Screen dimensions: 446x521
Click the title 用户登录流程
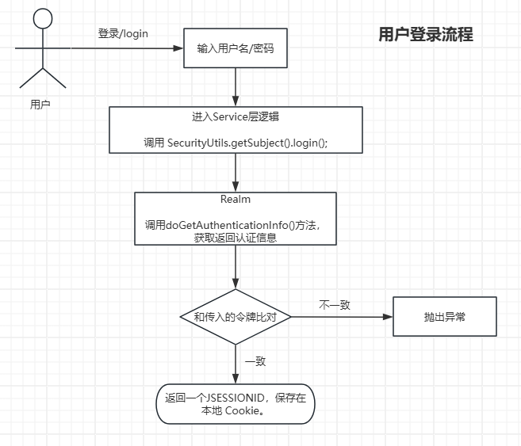coord(426,35)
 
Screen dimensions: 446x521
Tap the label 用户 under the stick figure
coord(40,104)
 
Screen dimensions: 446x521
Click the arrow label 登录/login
coord(123,33)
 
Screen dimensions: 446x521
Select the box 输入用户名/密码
coord(236,48)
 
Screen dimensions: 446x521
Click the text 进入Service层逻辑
coord(236,117)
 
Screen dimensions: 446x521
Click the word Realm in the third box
coord(236,200)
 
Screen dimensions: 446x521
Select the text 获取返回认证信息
coord(236,237)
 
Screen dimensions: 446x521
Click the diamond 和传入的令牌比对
coord(236,316)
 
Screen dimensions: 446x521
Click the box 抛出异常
coord(444,316)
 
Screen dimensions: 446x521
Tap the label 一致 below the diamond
coord(255,361)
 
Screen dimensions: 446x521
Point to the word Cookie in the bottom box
coord(241,411)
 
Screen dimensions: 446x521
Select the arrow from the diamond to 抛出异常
coord(341,316)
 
